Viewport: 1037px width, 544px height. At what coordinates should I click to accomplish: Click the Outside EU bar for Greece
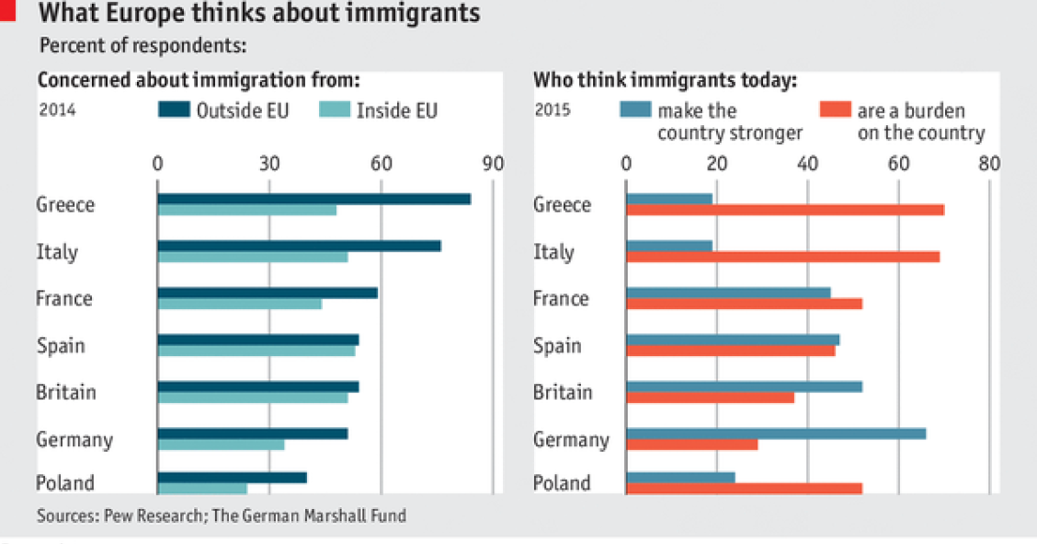pyautogui.click(x=313, y=199)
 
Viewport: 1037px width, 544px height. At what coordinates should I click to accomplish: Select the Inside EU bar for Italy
pyautogui.click(x=252, y=257)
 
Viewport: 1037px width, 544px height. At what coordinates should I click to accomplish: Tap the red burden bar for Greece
pyautogui.click(x=784, y=210)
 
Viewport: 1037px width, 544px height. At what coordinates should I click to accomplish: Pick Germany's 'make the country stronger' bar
pyautogui.click(x=775, y=434)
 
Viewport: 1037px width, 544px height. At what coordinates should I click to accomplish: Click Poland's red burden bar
pyautogui.click(x=744, y=488)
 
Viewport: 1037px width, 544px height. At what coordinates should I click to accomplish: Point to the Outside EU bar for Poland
pyautogui.click(x=232, y=478)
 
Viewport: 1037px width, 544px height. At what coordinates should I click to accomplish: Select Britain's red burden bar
pyautogui.click(x=709, y=398)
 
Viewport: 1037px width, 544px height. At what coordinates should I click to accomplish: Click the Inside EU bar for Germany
pyautogui.click(x=221, y=445)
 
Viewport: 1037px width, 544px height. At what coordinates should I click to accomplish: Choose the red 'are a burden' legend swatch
pyautogui.click(x=834, y=110)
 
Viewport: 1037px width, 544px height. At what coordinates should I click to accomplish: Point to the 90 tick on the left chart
pyautogui.click(x=493, y=165)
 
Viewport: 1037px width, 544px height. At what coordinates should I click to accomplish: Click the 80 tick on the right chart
pyautogui.click(x=988, y=165)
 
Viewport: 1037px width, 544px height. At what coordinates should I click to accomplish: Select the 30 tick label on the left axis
pyautogui.click(x=268, y=165)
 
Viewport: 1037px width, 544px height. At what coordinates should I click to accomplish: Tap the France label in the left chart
pyautogui.click(x=63, y=298)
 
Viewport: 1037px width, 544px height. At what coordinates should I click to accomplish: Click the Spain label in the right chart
pyautogui.click(x=557, y=345)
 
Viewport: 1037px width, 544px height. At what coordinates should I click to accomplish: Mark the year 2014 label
pyautogui.click(x=57, y=110)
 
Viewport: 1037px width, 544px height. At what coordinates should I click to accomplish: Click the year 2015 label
pyautogui.click(x=553, y=110)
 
